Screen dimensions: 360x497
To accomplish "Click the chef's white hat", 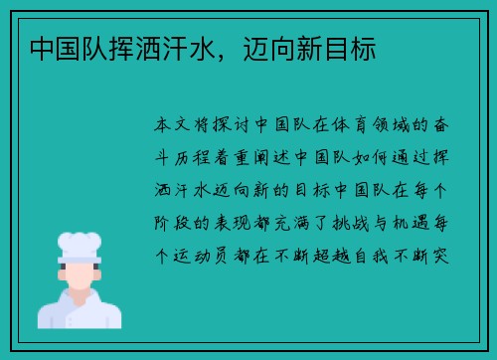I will tap(81, 244).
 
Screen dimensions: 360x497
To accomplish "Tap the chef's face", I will tap(81, 273).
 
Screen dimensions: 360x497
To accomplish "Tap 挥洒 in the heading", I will tap(133, 47).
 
